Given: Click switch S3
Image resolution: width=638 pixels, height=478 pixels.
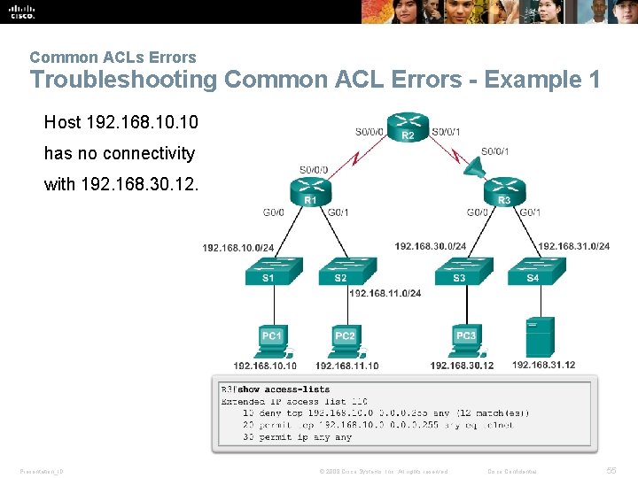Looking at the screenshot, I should [459, 270].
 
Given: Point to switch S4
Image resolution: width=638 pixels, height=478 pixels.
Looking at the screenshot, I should [532, 270].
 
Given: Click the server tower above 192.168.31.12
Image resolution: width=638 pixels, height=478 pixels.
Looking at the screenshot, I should [540, 336].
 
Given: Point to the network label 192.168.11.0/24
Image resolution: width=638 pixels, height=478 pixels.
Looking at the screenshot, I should [385, 293].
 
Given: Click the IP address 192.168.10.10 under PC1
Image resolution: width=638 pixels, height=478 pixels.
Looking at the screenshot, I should [265, 366].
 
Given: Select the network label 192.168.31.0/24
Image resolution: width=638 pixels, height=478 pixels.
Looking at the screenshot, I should [573, 246].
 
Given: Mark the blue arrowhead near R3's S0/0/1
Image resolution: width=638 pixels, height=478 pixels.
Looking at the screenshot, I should [471, 166].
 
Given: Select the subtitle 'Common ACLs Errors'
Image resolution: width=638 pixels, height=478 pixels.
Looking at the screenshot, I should [113, 58].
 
